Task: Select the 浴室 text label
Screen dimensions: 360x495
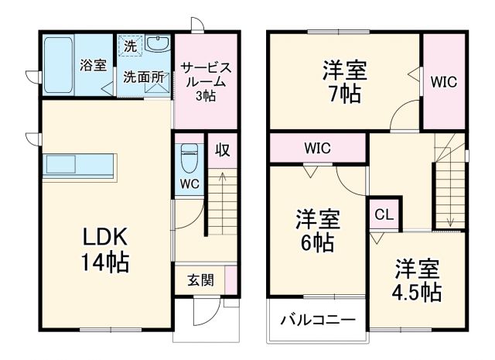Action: coord(94,66)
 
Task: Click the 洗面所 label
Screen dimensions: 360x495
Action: coord(143,77)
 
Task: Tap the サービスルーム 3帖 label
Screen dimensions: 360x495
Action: coord(205,81)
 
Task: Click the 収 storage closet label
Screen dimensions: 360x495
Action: coord(222,149)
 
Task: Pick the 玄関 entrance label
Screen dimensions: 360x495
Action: coord(200,280)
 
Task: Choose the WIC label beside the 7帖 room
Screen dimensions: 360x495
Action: coord(445,81)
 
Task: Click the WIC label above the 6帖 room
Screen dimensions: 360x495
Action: coord(318,147)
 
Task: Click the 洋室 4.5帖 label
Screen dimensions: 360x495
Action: coord(418,280)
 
